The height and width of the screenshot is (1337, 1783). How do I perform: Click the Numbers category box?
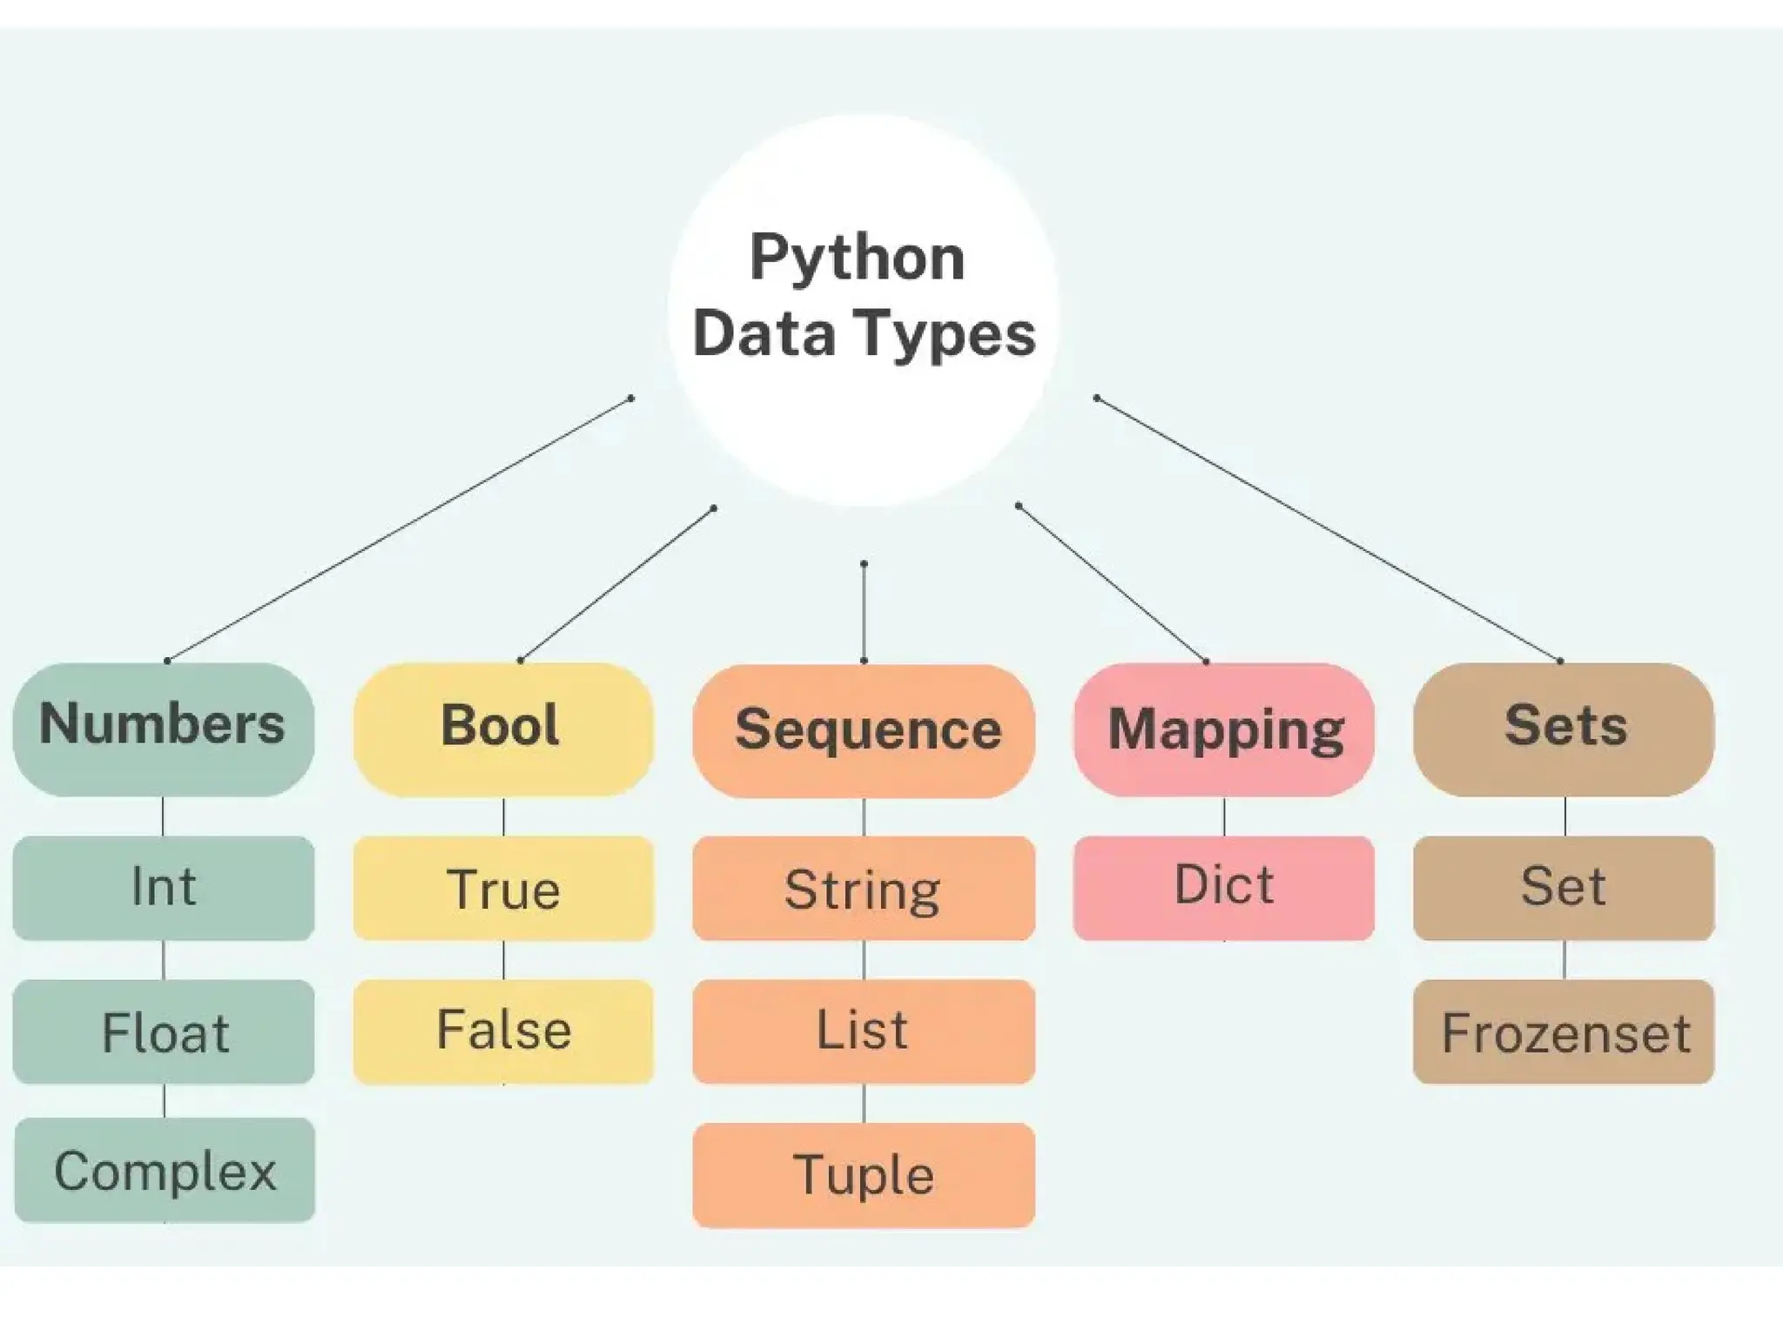pyautogui.click(x=164, y=729)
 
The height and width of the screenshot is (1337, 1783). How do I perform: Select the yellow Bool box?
pyautogui.click(x=503, y=729)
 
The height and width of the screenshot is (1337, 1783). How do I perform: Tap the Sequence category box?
pyautogui.click(x=864, y=730)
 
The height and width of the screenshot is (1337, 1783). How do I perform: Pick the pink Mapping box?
pyautogui.click(x=1223, y=729)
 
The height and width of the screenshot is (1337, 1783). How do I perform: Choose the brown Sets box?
pyautogui.click(x=1564, y=729)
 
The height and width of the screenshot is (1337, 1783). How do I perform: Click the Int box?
pyautogui.click(x=164, y=888)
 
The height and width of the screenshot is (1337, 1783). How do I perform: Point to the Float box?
pyautogui.click(x=164, y=1031)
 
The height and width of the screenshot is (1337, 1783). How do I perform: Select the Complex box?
pyautogui.click(x=165, y=1170)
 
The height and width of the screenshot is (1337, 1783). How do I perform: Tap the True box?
pyautogui.click(x=503, y=888)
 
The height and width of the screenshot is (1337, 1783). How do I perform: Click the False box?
pyautogui.click(x=503, y=1031)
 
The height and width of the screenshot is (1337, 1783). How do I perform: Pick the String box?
pyautogui.click(x=864, y=888)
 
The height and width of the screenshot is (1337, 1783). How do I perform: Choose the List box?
pyautogui.click(x=864, y=1031)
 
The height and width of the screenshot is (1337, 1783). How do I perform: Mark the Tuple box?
pyautogui.click(x=864, y=1175)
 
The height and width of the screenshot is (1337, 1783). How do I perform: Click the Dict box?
pyautogui.click(x=1223, y=888)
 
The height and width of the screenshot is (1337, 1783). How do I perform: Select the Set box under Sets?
pyautogui.click(x=1564, y=888)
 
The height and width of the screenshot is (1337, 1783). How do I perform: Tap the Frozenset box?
pyautogui.click(x=1564, y=1031)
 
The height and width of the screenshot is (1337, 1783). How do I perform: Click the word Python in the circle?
pyautogui.click(x=858, y=258)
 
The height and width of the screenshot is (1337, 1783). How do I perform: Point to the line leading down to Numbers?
pyautogui.click(x=399, y=529)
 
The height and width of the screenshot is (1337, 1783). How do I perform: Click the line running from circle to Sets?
pyautogui.click(x=1328, y=529)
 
